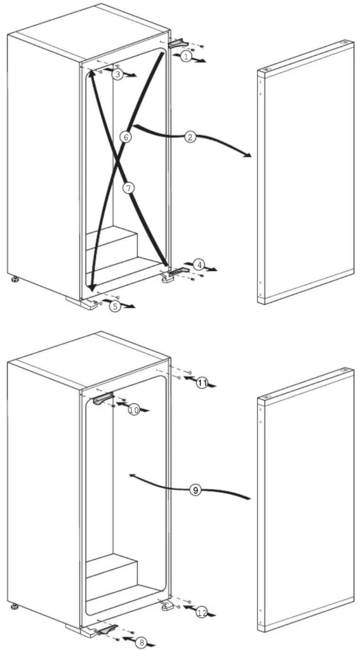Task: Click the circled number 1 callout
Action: (186, 56)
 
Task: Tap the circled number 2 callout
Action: (190, 137)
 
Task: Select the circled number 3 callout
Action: (117, 74)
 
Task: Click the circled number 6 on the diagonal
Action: (126, 137)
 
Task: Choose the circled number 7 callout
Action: (128, 188)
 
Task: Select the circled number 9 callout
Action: (196, 490)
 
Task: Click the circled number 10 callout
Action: (134, 410)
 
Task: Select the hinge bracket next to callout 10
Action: (103, 399)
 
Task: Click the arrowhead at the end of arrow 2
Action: (247, 155)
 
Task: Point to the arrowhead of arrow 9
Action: (133, 476)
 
